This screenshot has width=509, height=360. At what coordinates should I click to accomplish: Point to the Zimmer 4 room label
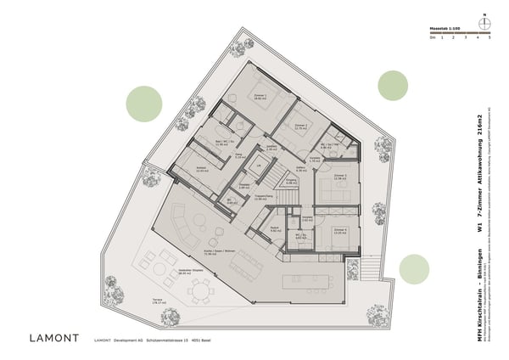tap(341, 230)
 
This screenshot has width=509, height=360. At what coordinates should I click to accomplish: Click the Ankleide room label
tap(202, 169)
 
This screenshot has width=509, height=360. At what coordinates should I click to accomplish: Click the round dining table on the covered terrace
tap(202, 294)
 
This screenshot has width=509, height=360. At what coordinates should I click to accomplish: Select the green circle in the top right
tap(393, 85)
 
